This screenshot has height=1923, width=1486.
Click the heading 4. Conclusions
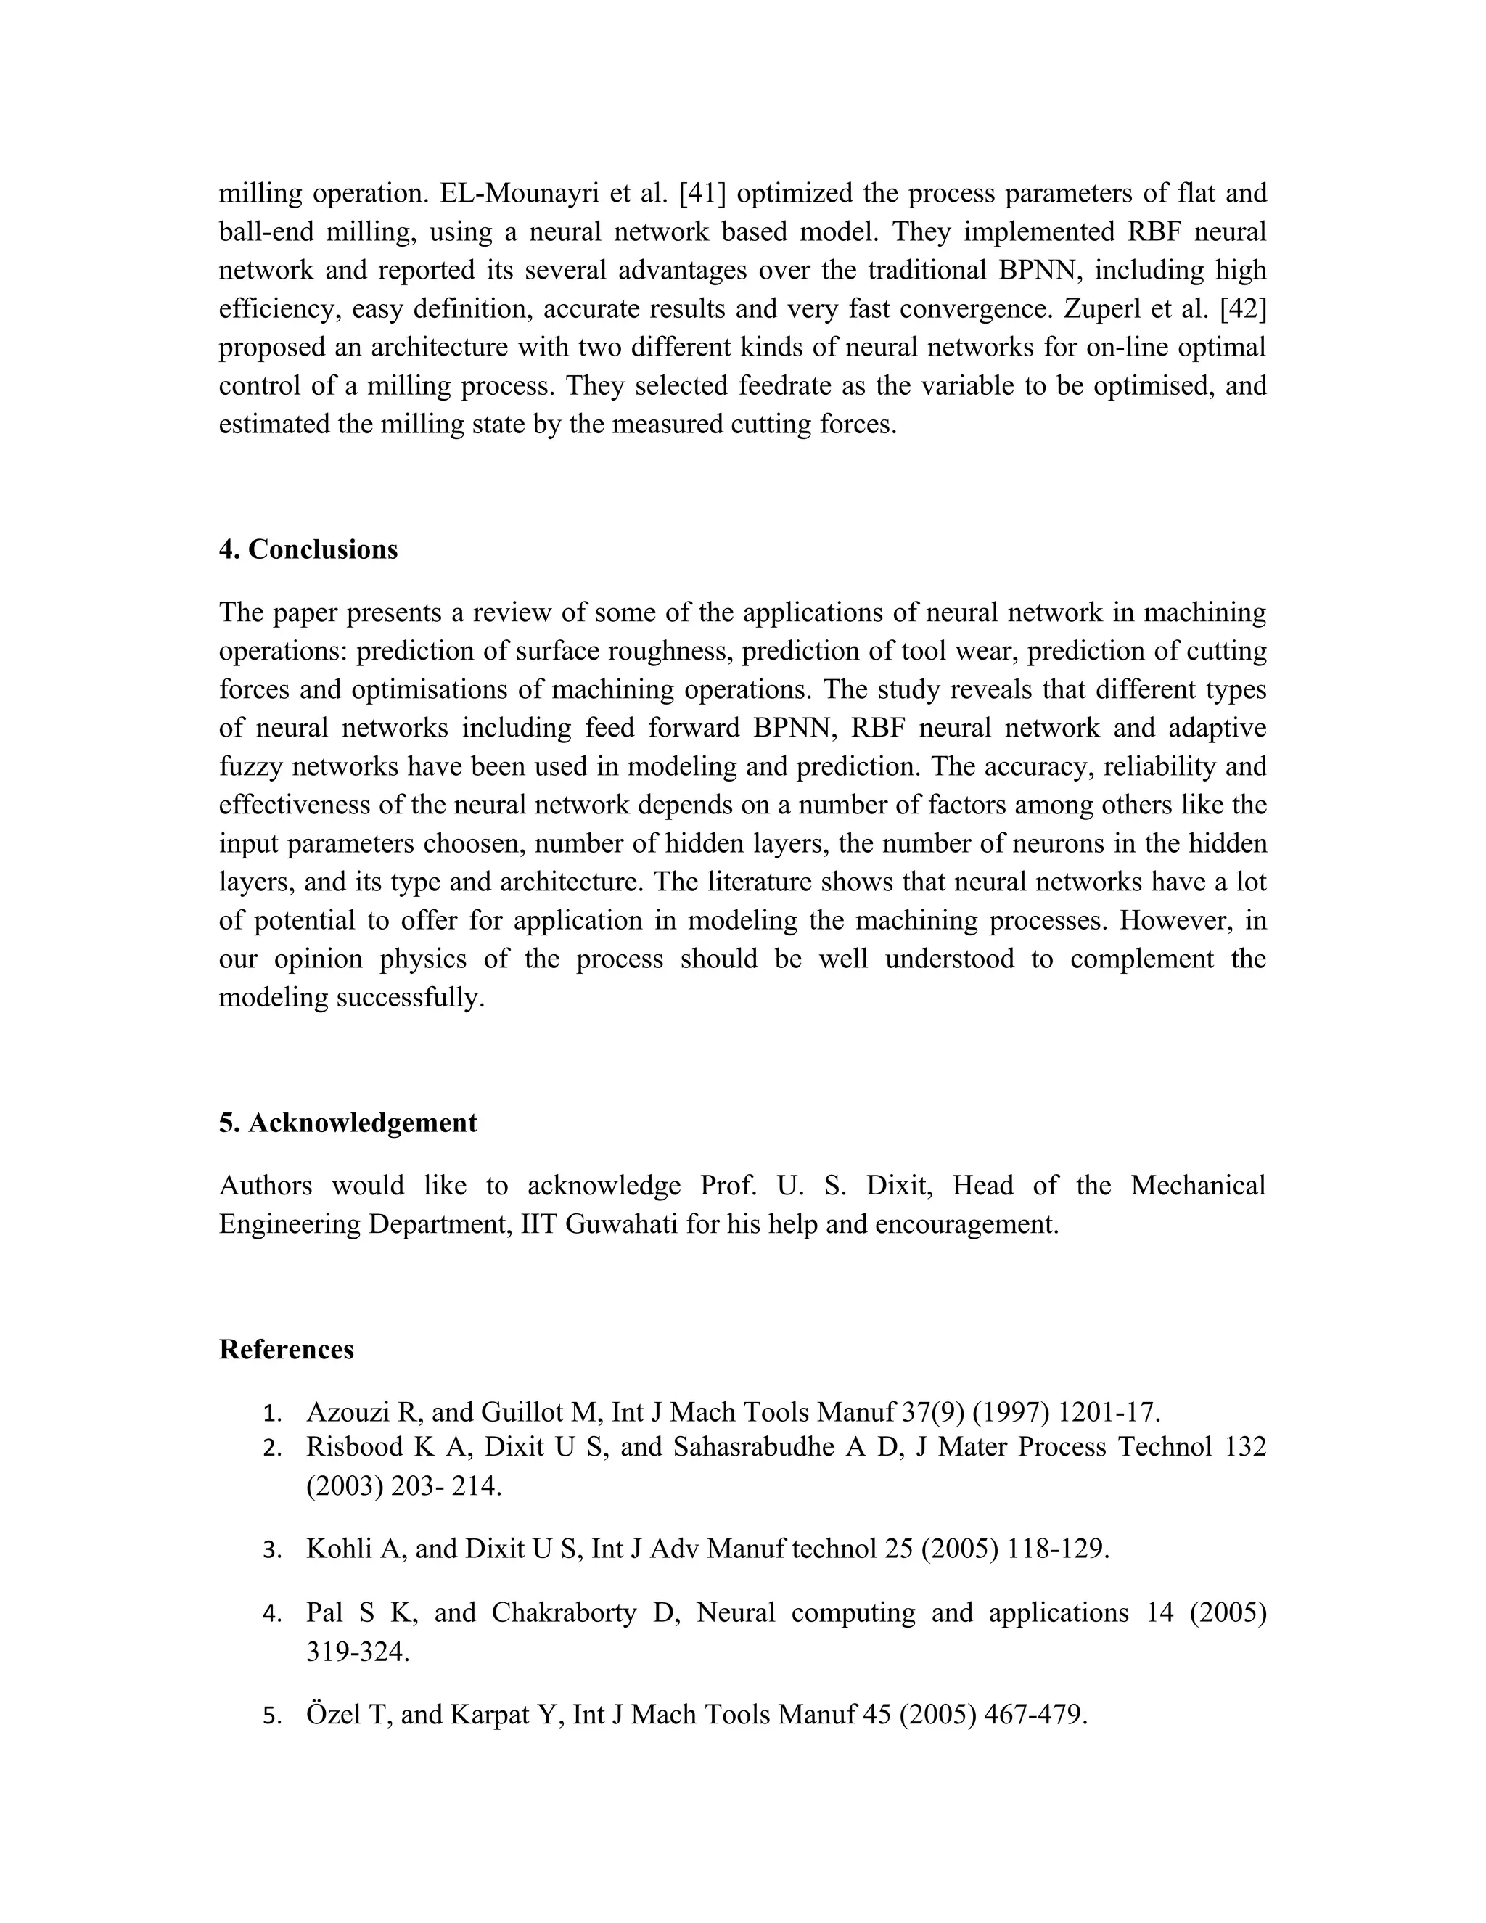coord(308,549)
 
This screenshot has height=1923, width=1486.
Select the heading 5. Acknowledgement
coord(348,1123)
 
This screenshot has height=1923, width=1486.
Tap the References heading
coord(286,1350)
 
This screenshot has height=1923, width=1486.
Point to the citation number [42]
coord(1242,309)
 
